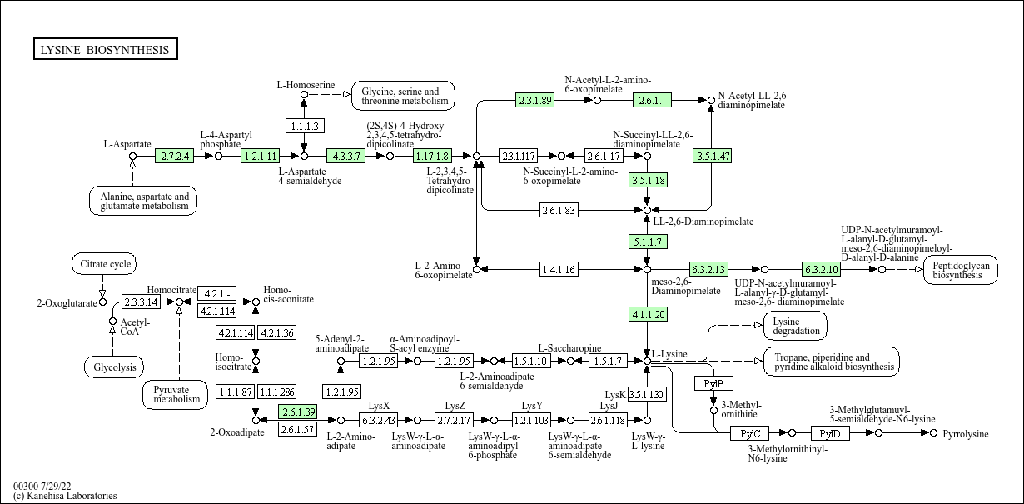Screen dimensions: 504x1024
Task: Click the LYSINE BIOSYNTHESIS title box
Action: click(x=105, y=50)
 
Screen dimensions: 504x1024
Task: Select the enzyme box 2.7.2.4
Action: click(x=175, y=156)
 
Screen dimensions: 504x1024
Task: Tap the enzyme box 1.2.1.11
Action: click(x=260, y=156)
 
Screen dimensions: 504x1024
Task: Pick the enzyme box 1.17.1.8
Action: click(x=432, y=156)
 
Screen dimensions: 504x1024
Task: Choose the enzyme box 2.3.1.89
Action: click(x=535, y=100)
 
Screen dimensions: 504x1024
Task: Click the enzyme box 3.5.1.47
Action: click(x=712, y=156)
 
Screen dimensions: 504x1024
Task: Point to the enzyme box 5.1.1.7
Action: click(x=647, y=242)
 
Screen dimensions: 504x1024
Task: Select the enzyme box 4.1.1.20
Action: click(x=647, y=314)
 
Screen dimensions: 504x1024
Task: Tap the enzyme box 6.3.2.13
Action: click(x=708, y=269)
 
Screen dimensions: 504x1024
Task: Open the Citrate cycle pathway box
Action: click(x=102, y=265)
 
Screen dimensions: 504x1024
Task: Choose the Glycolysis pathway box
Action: click(x=114, y=367)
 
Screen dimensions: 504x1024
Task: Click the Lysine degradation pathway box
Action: click(x=795, y=326)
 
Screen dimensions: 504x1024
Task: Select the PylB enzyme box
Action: click(x=713, y=383)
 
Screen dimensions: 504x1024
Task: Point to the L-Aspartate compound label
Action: click(x=127, y=144)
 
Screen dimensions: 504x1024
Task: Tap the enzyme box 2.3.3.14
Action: click(x=141, y=301)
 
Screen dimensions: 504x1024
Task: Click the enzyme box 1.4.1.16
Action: click(x=559, y=269)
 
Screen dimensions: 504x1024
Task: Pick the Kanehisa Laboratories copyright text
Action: click(x=65, y=496)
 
